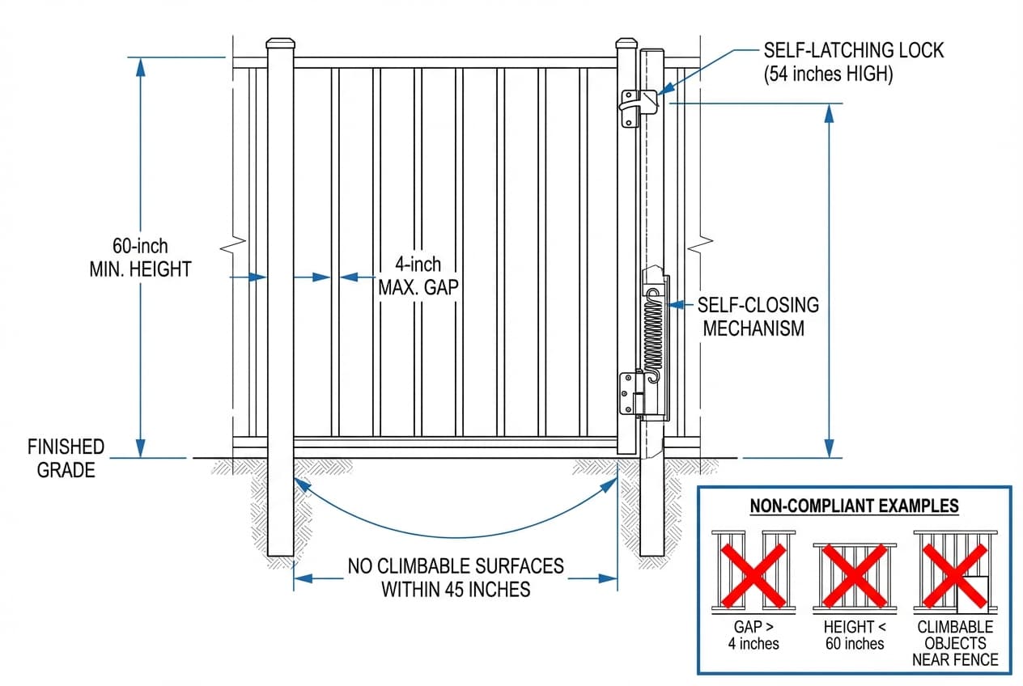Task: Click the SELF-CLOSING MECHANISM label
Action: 759,316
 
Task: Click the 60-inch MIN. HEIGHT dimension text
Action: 140,257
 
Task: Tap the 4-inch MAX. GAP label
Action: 418,276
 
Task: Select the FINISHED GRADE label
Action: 66,458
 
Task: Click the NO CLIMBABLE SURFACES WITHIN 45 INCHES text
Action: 456,577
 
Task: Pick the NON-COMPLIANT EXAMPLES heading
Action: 854,506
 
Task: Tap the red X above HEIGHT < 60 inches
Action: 855,575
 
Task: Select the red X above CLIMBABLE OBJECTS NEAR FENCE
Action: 955,575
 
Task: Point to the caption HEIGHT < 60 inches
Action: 855,635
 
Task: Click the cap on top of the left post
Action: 280,44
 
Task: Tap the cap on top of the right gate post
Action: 628,44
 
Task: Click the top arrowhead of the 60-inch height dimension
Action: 141,66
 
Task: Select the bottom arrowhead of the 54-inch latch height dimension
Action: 829,448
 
